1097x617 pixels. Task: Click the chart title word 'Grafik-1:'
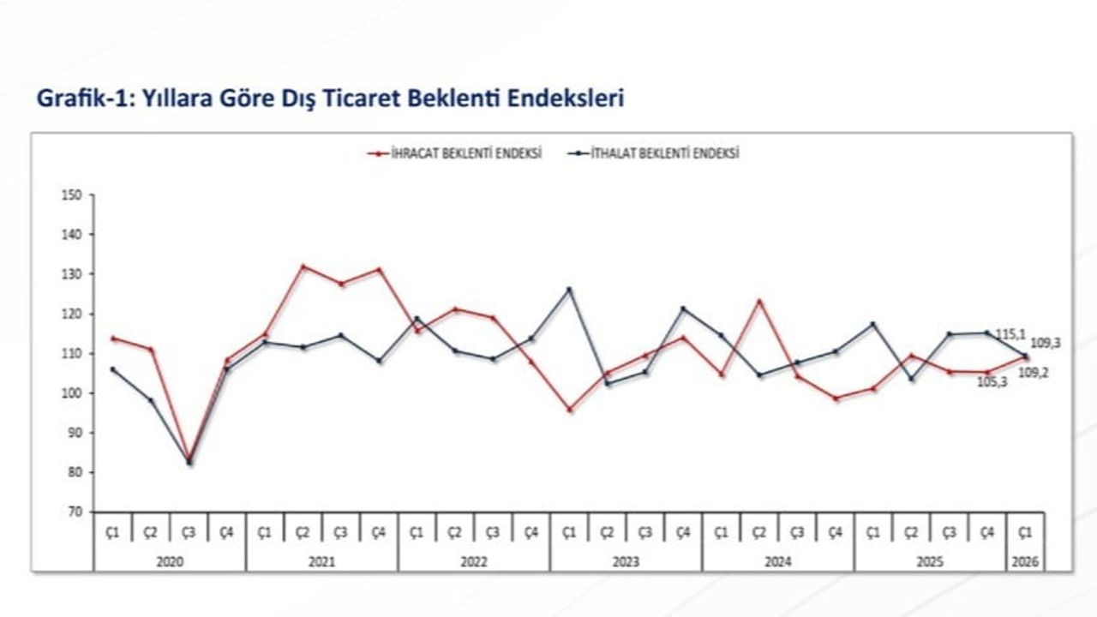click(81, 98)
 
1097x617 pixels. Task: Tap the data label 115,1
click(1011, 333)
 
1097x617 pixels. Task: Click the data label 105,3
click(992, 382)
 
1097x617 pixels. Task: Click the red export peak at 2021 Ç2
click(303, 267)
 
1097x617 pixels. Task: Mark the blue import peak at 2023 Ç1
click(569, 289)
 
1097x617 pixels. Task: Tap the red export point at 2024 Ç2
click(759, 301)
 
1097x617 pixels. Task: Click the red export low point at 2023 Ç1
click(569, 410)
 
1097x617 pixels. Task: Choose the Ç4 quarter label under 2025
click(986, 532)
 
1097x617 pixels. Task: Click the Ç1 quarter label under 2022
click(417, 532)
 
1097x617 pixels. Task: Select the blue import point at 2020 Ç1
click(112, 369)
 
